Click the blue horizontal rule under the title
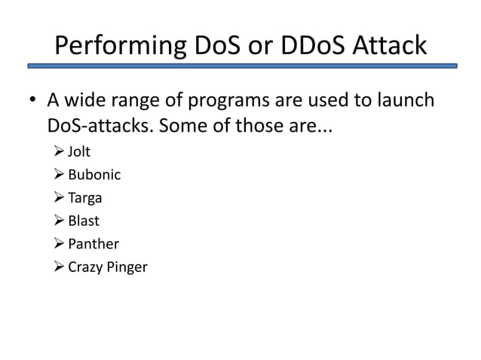(242, 66)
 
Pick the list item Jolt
(79, 152)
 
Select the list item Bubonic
(94, 175)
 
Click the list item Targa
(84, 199)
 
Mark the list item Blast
(84, 221)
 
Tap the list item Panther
(93, 244)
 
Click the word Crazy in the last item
(84, 267)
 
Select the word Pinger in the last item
(126, 267)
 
